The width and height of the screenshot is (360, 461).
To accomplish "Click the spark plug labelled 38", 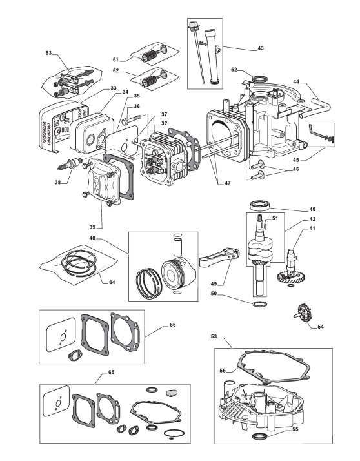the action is (x=70, y=163).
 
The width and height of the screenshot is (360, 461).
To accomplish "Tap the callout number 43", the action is (x=261, y=48).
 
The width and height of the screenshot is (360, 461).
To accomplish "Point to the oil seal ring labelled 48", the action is (x=259, y=205).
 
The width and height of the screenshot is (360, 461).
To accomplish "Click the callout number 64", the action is (x=112, y=282).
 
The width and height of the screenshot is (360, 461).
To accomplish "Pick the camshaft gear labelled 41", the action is (x=290, y=269).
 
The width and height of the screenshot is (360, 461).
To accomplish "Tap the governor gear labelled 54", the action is (x=303, y=313).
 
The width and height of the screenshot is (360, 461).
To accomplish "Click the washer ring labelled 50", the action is (x=260, y=303).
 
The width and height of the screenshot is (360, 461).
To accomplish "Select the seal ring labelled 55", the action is (x=259, y=436).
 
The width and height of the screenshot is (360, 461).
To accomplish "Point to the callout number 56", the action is (x=223, y=371).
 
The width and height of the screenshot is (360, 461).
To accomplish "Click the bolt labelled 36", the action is (x=133, y=119).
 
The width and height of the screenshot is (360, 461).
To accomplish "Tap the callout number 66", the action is (x=173, y=325).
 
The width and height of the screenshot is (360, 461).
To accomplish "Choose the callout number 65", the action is (x=112, y=372).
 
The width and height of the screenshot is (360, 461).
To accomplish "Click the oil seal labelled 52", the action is (x=260, y=79).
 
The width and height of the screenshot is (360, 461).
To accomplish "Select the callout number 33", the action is (x=114, y=88).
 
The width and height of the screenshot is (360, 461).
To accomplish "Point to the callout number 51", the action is (x=275, y=218).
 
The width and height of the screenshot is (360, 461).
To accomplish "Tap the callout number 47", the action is (x=228, y=183).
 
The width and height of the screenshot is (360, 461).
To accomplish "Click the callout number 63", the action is (x=49, y=53).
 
